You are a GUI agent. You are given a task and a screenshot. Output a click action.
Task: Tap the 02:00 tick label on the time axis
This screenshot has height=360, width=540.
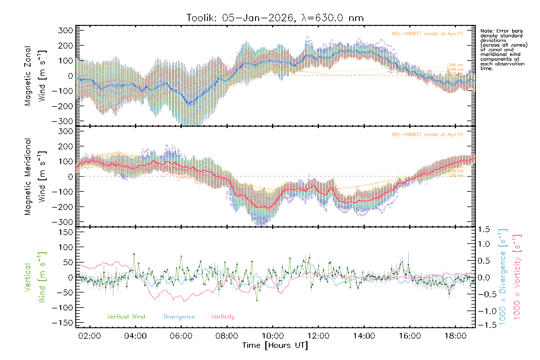point(89,336)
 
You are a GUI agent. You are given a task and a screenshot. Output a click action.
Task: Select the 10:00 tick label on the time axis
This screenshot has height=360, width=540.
point(272,336)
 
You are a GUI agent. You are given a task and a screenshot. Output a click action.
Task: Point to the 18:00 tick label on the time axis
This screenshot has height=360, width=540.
point(455,336)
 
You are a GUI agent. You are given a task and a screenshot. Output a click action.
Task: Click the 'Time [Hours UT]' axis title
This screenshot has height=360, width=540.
point(275,345)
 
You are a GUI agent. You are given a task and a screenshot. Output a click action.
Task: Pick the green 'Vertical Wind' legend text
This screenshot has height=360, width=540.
point(126,317)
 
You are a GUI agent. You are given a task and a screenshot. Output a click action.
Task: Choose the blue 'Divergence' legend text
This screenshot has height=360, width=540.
point(179,317)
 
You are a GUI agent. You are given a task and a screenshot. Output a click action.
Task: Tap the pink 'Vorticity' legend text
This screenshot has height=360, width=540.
point(223,317)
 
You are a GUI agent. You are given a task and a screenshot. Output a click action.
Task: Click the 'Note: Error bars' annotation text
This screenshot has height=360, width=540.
point(501,31)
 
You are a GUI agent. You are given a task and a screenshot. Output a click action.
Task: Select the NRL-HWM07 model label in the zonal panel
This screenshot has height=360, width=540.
point(427,34)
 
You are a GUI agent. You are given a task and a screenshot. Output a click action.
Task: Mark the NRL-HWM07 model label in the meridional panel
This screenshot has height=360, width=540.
point(427,135)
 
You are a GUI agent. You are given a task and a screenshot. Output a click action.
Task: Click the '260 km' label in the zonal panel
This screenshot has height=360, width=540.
point(456,65)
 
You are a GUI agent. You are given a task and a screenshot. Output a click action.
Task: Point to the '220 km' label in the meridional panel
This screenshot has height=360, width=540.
point(456,175)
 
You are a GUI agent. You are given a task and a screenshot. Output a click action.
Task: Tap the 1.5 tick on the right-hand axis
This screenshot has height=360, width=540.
point(484,229)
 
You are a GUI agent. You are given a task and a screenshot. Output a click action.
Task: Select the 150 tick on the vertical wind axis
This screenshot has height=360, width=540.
point(66,232)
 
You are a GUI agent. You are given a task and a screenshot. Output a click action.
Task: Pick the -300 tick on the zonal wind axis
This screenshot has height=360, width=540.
point(63,121)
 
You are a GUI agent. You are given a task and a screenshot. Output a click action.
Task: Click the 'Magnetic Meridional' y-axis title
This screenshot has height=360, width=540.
point(28,177)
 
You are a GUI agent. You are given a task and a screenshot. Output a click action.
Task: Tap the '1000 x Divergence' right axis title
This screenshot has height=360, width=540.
point(502,277)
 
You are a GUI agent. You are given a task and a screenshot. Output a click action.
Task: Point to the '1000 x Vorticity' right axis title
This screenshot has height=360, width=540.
point(517,277)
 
